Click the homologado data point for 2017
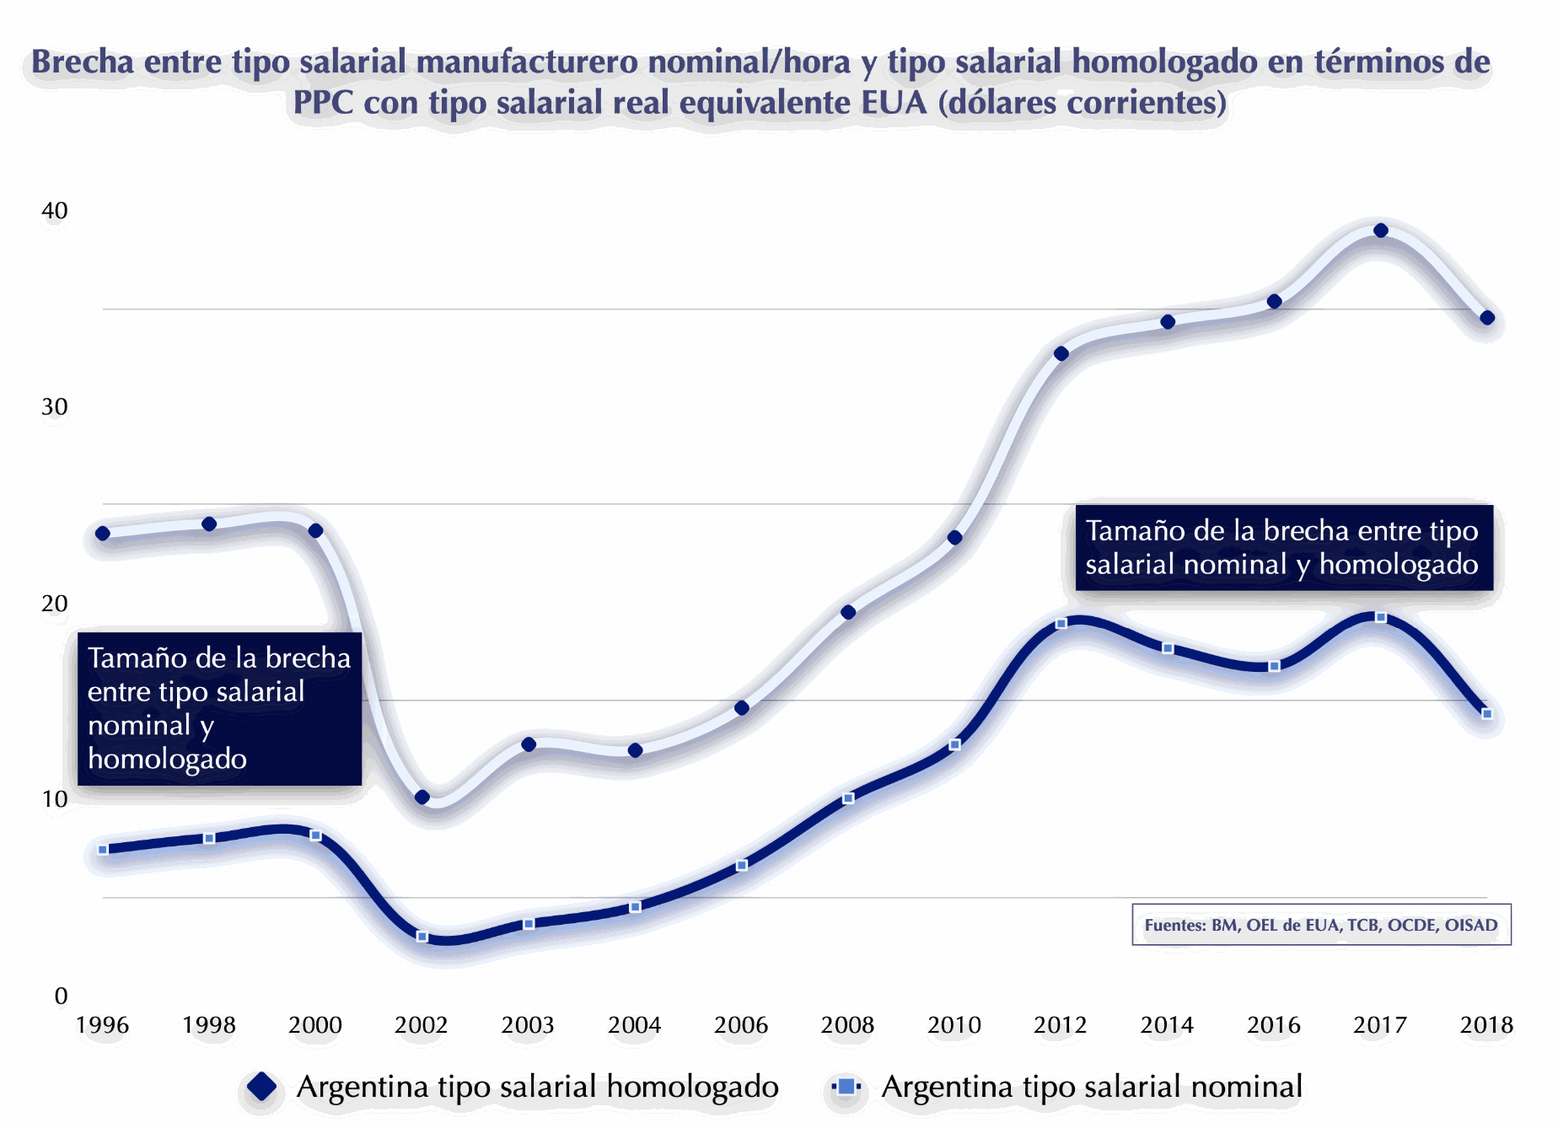click(x=1380, y=230)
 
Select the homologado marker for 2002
click(x=422, y=797)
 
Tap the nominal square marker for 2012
click(x=1061, y=623)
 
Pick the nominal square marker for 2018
click(x=1487, y=713)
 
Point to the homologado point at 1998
click(x=209, y=524)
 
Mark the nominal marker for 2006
click(x=742, y=865)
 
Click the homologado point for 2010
click(x=954, y=537)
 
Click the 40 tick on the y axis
click(x=55, y=211)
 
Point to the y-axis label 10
click(x=55, y=799)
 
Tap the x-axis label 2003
click(x=528, y=1025)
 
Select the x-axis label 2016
click(x=1273, y=1025)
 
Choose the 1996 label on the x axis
click(x=102, y=1025)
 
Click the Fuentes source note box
click(x=1320, y=925)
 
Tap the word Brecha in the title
click(x=83, y=62)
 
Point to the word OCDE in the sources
click(x=1412, y=925)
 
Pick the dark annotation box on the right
click(x=1283, y=547)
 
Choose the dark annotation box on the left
click(x=219, y=708)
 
